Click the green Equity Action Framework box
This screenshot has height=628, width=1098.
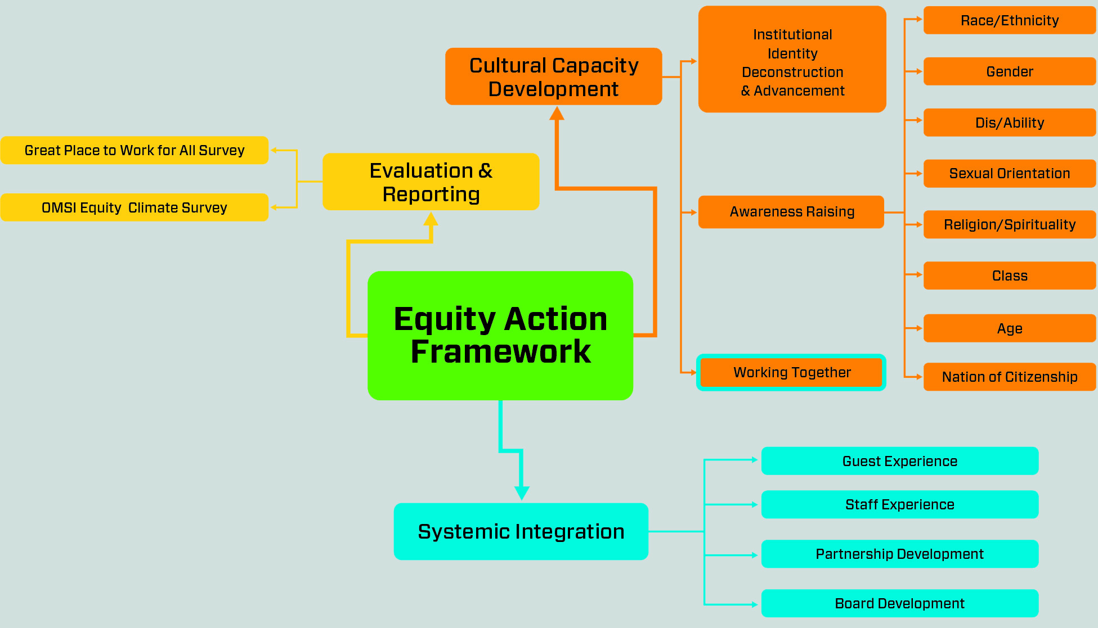(x=500, y=336)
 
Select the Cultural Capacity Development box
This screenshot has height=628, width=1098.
(x=554, y=76)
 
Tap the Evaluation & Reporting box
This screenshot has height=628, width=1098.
(x=431, y=182)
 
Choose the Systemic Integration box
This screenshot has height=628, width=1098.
(x=521, y=531)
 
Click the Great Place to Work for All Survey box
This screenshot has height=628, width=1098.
(x=135, y=150)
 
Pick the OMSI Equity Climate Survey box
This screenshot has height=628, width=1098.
(x=135, y=207)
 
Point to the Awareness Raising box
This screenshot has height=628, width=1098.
(x=791, y=212)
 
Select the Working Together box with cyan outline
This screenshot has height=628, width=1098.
(x=791, y=372)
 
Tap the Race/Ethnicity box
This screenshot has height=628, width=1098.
(x=1010, y=20)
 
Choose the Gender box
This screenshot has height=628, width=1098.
(x=1010, y=71)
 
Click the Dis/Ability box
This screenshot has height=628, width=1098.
(x=1010, y=123)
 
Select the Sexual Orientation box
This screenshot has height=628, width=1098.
(x=1010, y=173)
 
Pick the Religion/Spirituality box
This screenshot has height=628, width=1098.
(x=1010, y=224)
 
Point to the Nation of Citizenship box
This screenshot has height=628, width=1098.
(x=1010, y=377)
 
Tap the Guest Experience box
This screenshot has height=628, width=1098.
(x=900, y=461)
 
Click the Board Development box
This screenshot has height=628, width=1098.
(x=900, y=603)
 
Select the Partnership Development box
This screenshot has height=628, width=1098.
(x=900, y=554)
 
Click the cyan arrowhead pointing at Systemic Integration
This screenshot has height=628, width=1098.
(x=522, y=493)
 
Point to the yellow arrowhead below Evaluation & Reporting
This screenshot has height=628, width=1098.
(x=431, y=219)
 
